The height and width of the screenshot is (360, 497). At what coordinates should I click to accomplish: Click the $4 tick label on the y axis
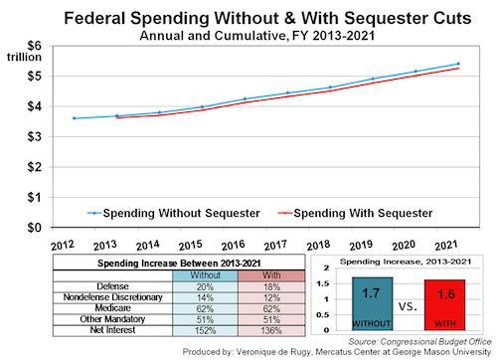click(35, 106)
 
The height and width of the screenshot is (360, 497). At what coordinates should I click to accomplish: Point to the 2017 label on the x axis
click(275, 246)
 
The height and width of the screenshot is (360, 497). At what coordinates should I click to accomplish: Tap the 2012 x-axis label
click(63, 246)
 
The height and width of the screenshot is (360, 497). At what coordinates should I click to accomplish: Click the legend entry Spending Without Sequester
click(174, 213)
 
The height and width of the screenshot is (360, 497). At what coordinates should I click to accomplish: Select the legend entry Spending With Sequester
click(356, 213)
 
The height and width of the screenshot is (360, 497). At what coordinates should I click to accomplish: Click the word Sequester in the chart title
click(377, 18)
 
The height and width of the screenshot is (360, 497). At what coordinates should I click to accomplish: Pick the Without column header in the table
click(205, 275)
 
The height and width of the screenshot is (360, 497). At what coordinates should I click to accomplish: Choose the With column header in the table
click(271, 275)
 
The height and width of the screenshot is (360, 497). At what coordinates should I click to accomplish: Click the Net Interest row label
click(112, 330)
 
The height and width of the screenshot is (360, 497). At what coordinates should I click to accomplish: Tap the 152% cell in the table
click(205, 330)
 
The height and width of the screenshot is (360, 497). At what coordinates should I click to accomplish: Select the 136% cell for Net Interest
click(271, 330)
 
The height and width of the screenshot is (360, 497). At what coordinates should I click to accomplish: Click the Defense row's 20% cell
click(205, 286)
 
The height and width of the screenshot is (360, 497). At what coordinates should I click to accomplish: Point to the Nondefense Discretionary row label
click(112, 297)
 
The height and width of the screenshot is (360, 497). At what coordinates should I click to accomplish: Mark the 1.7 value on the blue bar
click(371, 293)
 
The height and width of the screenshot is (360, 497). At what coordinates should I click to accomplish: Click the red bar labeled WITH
click(444, 304)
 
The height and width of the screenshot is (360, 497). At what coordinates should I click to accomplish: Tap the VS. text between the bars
click(408, 306)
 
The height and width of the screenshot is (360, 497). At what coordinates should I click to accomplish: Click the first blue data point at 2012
click(74, 118)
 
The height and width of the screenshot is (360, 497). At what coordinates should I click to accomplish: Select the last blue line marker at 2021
click(458, 64)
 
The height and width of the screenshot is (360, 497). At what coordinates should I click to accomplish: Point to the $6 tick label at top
click(35, 46)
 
